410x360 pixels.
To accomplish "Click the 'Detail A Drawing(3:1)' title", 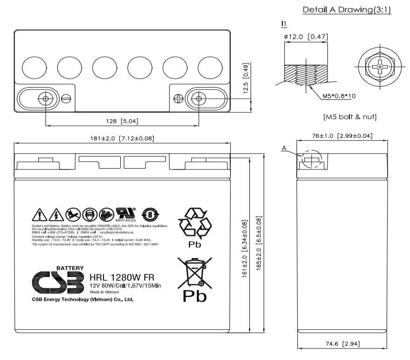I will click(347, 10).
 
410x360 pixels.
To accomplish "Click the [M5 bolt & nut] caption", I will click(349, 117).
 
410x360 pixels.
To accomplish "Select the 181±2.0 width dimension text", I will click(122, 138).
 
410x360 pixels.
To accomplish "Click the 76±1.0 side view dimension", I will click(342, 136).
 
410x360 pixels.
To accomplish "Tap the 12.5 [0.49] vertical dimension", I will click(246, 78).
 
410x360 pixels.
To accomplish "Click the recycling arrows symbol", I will click(195, 223).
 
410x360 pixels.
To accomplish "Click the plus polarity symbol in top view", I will click(178, 98).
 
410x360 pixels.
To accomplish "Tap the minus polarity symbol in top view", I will click(66, 98).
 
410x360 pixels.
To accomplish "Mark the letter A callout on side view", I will click(283, 149).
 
